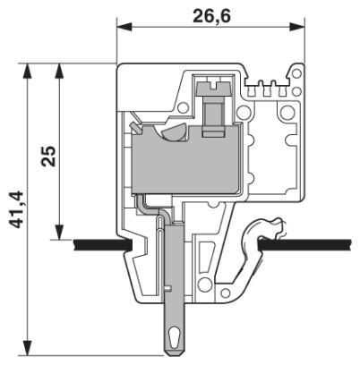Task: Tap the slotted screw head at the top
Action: point(212,88)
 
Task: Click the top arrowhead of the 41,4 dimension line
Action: point(30,68)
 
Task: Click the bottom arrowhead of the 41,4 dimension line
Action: point(30,351)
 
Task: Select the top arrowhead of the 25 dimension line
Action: point(59,68)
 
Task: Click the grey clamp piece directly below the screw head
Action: point(213,115)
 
